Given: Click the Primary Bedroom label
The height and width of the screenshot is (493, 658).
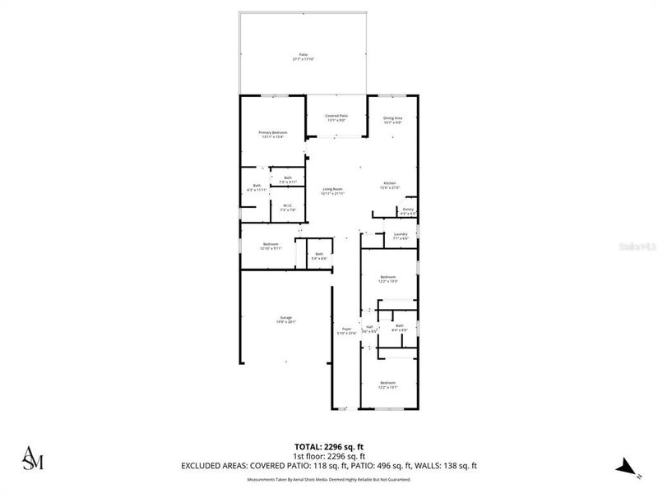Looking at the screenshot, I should (272, 135).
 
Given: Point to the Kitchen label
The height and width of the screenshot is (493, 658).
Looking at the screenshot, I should (390, 185).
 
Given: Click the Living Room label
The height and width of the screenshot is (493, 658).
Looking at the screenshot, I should (332, 191).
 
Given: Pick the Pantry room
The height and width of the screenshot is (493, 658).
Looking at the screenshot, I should (408, 211).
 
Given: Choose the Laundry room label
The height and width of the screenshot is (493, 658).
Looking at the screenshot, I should (401, 236).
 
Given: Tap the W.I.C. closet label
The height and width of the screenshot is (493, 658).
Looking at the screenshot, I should (288, 208).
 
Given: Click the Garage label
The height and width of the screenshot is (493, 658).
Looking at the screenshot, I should (285, 320).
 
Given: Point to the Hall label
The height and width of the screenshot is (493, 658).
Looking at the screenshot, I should (369, 329).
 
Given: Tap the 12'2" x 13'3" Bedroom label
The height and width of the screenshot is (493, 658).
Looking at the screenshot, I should (388, 279).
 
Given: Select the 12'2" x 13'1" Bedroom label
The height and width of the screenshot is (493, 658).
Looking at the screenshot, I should (388, 385).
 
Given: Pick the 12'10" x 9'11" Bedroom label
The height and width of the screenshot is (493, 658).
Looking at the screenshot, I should (271, 246).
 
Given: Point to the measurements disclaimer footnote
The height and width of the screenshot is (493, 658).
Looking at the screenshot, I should (328, 477).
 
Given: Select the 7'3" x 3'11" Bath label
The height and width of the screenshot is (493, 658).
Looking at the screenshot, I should (288, 180).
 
